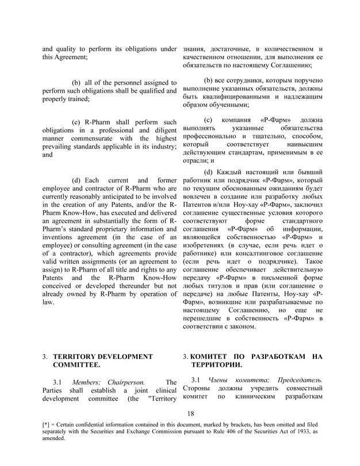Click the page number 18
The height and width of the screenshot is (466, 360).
click(x=191, y=412)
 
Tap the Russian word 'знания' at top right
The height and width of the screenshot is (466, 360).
click(x=196, y=48)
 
